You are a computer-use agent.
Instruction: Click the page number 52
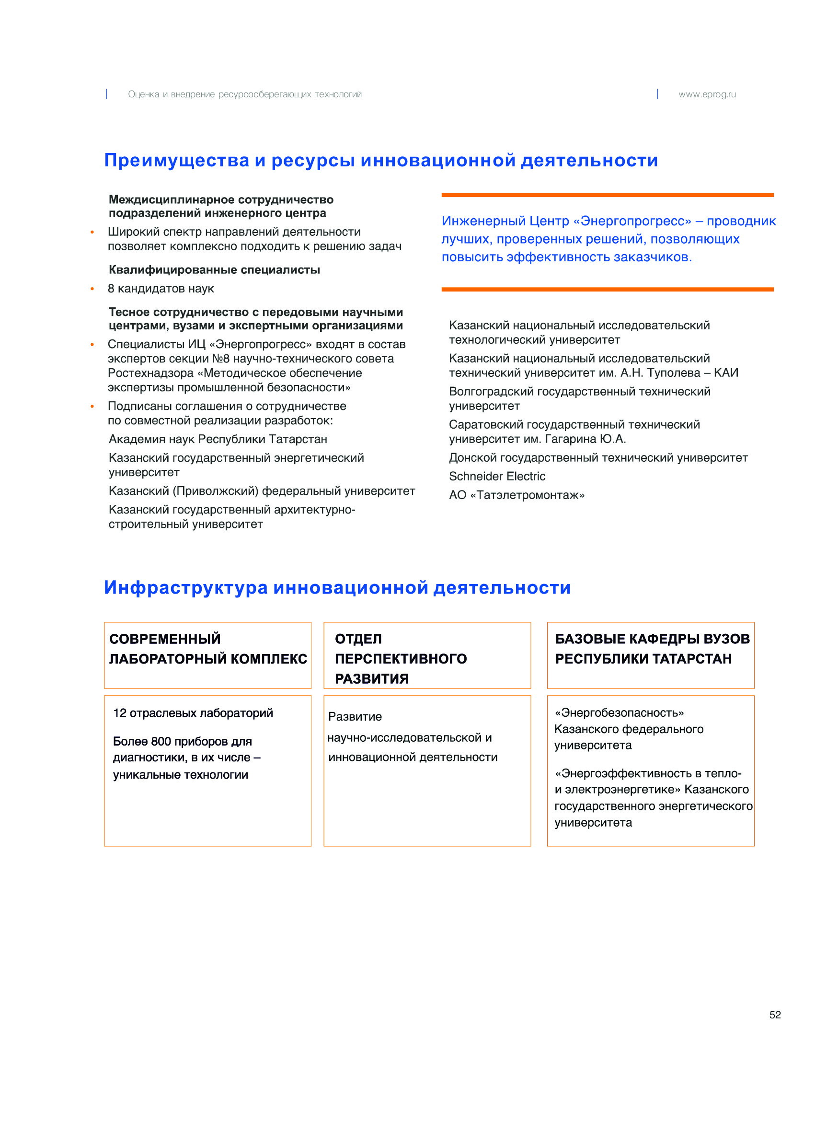[x=774, y=1015]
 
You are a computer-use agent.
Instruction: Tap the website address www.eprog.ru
[x=707, y=94]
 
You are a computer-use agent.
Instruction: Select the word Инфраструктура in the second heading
[x=186, y=587]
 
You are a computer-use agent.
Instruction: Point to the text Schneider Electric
[x=497, y=476]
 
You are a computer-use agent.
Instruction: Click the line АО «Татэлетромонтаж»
[x=517, y=495]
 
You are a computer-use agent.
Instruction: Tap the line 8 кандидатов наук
[x=161, y=289]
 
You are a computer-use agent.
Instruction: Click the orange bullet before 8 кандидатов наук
[x=92, y=289]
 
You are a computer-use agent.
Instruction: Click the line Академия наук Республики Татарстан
[x=218, y=439]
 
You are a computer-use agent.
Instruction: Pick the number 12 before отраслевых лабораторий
[x=119, y=713]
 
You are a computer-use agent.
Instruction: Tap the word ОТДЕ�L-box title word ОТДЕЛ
[x=358, y=639]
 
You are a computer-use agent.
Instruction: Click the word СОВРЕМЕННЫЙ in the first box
[x=165, y=639]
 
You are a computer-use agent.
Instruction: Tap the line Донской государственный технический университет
[x=598, y=457]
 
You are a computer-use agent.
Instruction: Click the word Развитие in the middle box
[x=355, y=717]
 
